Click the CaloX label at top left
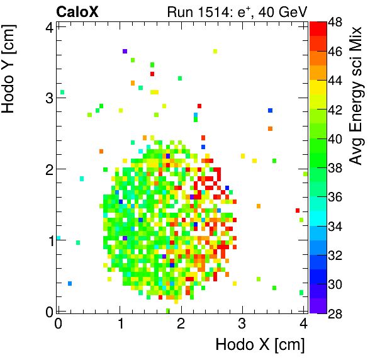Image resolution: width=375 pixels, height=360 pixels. [77, 11]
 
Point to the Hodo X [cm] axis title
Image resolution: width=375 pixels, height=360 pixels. [260, 345]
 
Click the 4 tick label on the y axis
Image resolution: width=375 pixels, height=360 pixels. [48, 26]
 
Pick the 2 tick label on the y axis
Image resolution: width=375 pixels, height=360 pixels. [48, 169]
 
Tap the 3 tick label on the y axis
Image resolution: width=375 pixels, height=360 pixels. [48, 98]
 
